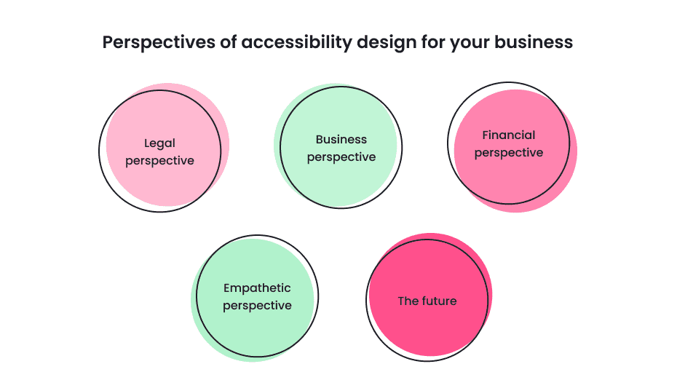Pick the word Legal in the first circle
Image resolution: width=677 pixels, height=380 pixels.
tap(159, 143)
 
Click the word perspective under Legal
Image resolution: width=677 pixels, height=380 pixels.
tap(159, 161)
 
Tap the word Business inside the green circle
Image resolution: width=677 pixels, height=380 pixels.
tap(341, 139)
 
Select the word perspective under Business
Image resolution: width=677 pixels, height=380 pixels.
tap(341, 157)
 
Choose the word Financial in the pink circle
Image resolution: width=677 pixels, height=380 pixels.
tap(509, 135)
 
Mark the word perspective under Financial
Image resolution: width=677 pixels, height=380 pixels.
tap(509, 153)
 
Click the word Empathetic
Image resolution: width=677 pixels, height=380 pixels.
tap(257, 288)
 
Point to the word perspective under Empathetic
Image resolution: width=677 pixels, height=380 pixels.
tap(257, 306)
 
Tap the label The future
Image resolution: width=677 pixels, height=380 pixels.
tap(427, 301)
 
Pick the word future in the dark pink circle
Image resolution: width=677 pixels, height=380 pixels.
tap(440, 301)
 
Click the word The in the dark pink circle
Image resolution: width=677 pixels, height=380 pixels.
tap(408, 301)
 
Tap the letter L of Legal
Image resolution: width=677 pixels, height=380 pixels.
tap(147, 143)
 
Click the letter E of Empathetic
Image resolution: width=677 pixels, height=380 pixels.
tap(227, 288)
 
